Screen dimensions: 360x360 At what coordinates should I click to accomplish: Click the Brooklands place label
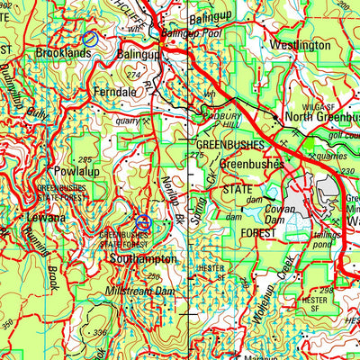pos(63,54)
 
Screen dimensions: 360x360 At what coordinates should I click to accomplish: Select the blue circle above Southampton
pos(142,222)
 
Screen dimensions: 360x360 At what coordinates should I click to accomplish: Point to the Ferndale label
pos(114,91)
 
